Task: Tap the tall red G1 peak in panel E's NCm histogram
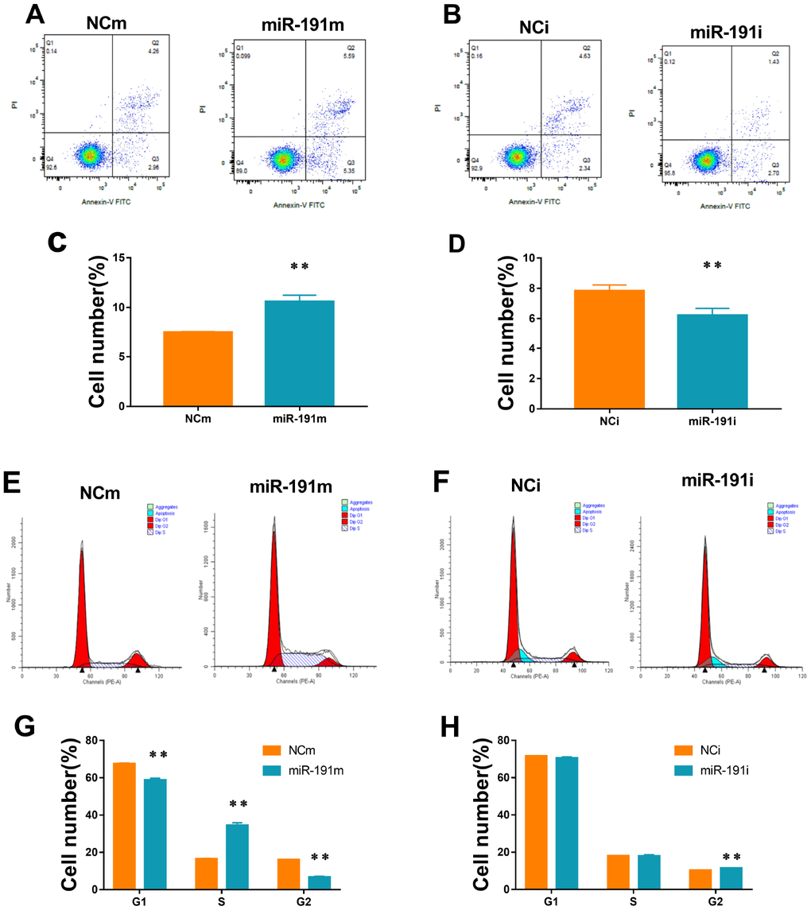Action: [x=81, y=604]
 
